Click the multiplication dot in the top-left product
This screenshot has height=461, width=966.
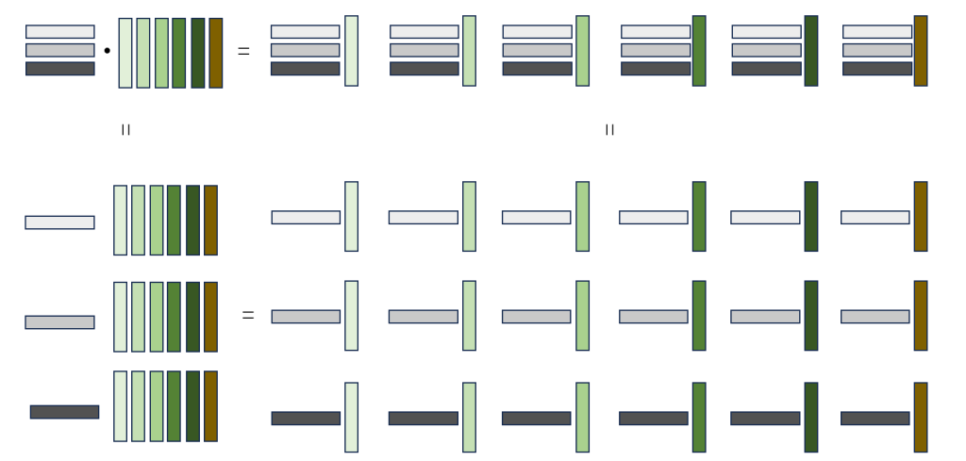click(x=107, y=51)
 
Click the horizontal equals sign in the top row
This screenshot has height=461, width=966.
click(x=243, y=52)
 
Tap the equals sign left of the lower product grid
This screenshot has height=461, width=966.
click(x=248, y=316)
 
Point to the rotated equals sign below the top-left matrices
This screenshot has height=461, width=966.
click(x=125, y=130)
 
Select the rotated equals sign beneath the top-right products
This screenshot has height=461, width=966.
click(x=609, y=130)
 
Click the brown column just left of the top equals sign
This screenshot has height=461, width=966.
click(x=216, y=53)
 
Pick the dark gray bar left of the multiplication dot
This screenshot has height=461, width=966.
click(x=60, y=69)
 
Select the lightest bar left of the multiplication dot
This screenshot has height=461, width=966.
click(x=60, y=32)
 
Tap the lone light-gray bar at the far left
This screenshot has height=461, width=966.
click(x=59, y=222)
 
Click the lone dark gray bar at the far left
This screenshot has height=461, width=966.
click(x=64, y=412)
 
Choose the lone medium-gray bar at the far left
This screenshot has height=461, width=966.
click(x=59, y=322)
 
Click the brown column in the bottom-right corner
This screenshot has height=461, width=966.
click(x=921, y=417)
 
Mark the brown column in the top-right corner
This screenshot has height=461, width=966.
click(x=921, y=51)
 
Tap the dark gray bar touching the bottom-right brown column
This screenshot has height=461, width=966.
click(x=875, y=418)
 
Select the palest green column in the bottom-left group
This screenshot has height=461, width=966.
click(x=120, y=405)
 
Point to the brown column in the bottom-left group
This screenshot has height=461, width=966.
click(x=210, y=405)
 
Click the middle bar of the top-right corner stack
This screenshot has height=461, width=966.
click(x=877, y=50)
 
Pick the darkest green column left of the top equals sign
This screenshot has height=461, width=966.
click(x=198, y=53)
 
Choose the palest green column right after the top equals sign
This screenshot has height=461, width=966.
click(x=351, y=51)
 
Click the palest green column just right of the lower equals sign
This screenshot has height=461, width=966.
click(x=351, y=316)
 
